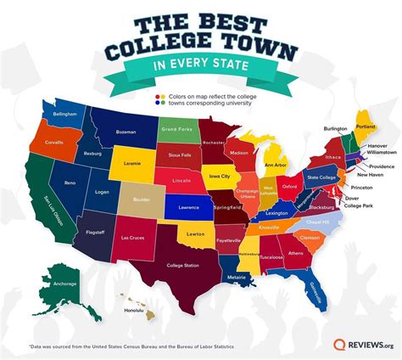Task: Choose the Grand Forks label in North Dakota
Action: (175, 129)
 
